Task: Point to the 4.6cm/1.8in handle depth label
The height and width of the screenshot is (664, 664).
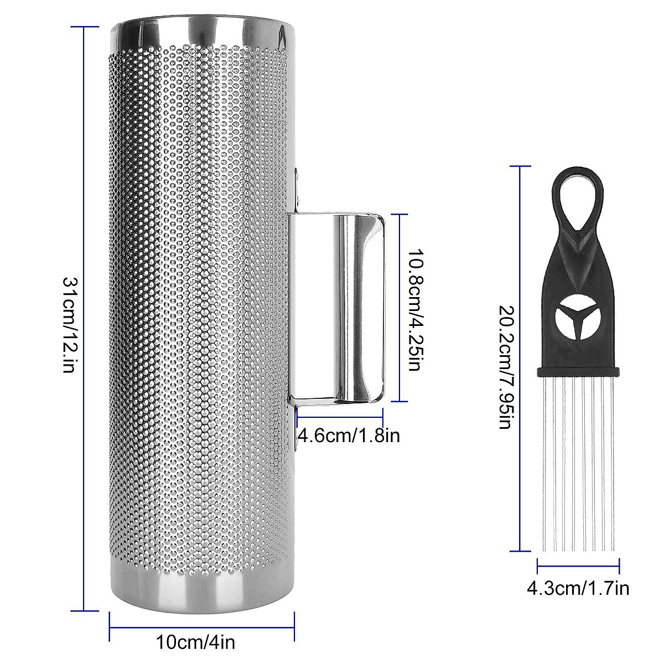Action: click(349, 436)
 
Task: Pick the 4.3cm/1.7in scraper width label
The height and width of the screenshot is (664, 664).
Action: click(578, 588)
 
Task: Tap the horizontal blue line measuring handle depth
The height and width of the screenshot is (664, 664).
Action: click(340, 410)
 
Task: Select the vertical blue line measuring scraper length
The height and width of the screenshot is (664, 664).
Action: click(520, 277)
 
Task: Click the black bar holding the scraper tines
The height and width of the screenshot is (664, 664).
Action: click(578, 371)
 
